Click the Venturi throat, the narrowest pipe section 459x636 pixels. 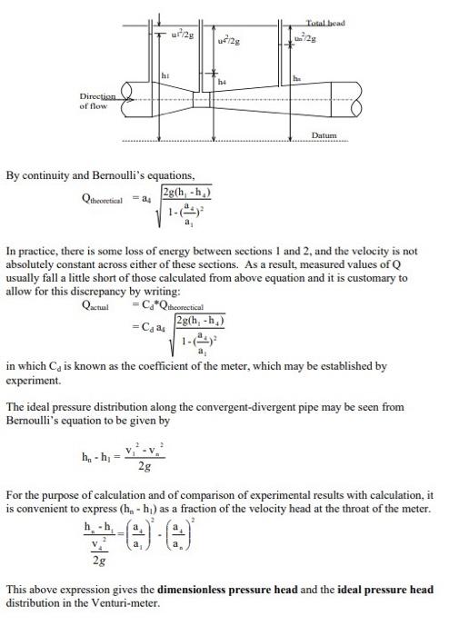[215, 95]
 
